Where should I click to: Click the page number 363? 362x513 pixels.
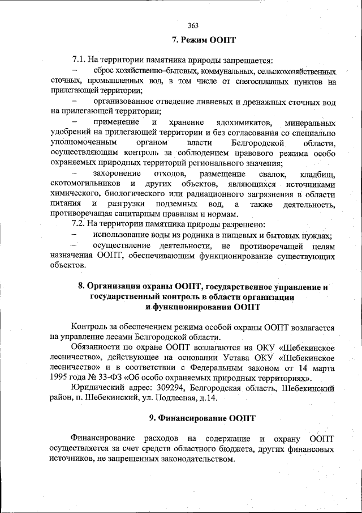(x=192, y=25)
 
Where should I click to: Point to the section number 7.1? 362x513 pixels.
(x=80, y=60)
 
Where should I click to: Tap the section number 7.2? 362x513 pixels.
(x=80, y=224)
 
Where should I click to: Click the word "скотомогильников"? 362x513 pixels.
(x=85, y=184)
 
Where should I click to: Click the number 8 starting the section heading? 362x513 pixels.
(x=81, y=287)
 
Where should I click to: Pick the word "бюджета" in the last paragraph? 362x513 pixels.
(x=219, y=450)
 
